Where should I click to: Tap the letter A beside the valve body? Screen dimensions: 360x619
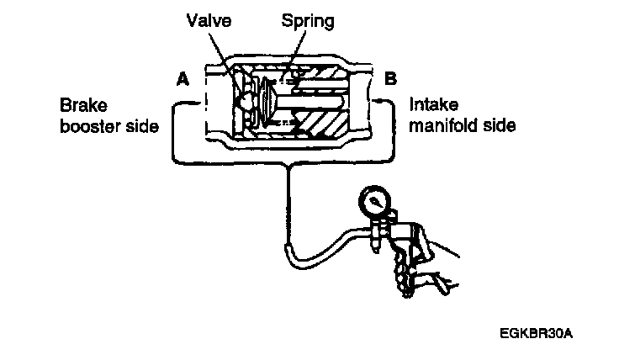181,80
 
